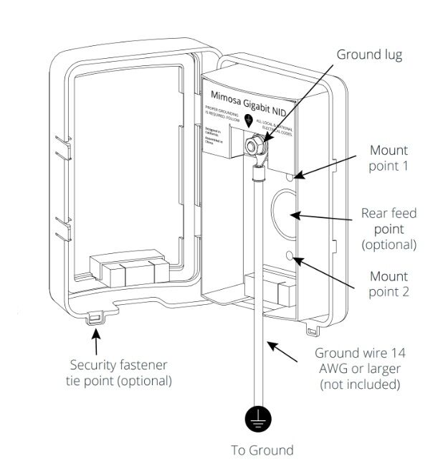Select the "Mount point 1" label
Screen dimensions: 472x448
click(x=388, y=159)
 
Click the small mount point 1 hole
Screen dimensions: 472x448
click(x=290, y=175)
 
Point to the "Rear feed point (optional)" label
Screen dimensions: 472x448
click(x=388, y=229)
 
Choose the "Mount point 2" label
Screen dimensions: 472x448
click(x=388, y=284)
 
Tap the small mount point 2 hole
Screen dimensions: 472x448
click(x=290, y=255)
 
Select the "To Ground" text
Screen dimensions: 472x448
click(x=262, y=450)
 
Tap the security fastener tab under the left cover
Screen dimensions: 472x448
click(x=94, y=316)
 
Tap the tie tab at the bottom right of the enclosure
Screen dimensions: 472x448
click(x=310, y=330)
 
